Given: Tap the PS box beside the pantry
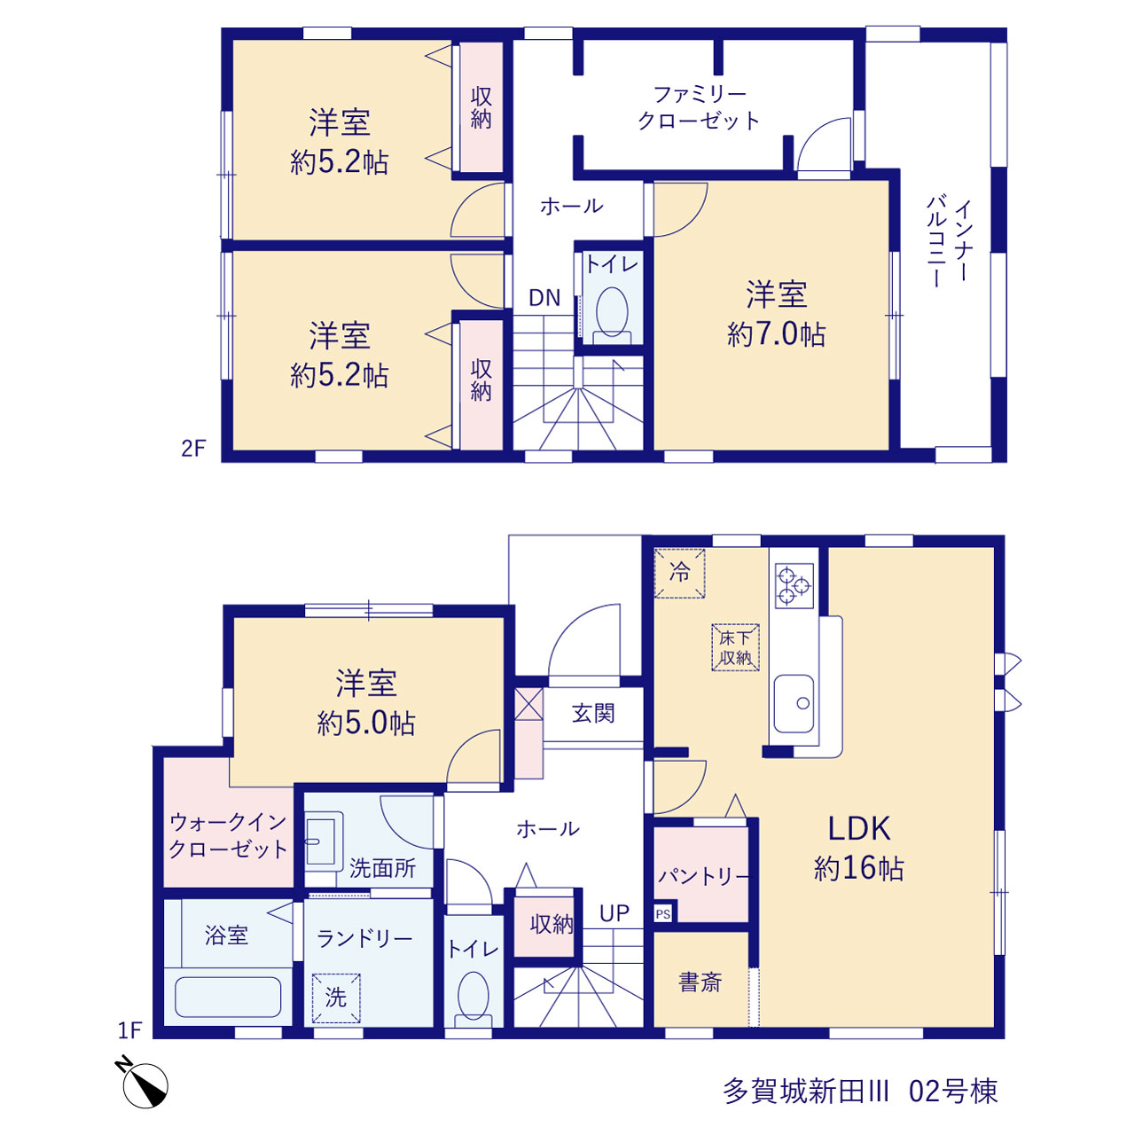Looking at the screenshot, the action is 662,914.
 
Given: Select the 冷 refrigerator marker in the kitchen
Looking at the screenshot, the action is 679,573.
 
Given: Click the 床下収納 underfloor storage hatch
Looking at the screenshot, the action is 735,647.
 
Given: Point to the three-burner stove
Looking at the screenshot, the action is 794,585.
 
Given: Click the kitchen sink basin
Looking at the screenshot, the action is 794,703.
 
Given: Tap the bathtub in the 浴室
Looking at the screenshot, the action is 228,997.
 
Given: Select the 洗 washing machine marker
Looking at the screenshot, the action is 336,998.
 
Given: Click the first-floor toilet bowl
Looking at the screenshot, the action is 473,995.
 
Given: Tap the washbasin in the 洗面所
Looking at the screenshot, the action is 322,842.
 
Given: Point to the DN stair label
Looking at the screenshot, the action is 544,298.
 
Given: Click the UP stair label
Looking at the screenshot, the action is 614,913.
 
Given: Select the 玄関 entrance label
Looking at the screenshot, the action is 593,713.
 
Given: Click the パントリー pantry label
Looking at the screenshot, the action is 703,876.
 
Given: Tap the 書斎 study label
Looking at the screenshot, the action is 700,982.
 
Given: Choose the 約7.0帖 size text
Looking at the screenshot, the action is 776,334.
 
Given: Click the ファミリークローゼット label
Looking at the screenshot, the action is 699,107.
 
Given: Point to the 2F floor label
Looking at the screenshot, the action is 193,449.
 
